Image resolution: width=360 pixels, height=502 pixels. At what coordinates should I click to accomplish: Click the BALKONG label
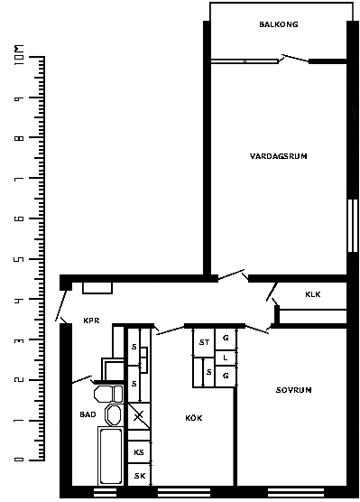point(279,24)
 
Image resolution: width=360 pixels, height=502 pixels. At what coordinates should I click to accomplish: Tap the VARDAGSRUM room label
point(279,156)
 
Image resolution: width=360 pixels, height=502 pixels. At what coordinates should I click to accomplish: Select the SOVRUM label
point(294,390)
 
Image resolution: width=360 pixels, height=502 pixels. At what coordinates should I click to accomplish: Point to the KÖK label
point(194,418)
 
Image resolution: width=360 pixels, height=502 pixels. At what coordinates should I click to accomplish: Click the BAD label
point(88,414)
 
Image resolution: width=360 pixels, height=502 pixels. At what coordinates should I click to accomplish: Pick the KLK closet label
point(313,294)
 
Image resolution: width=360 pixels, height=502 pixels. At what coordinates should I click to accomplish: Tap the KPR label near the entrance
point(91,321)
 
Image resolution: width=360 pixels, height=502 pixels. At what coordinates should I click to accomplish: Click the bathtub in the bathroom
point(111,456)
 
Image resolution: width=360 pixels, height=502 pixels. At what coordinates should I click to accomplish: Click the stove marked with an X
point(139,416)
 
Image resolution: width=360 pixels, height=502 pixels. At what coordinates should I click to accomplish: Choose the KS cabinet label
point(139,452)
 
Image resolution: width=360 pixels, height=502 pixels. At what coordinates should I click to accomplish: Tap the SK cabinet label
point(140,476)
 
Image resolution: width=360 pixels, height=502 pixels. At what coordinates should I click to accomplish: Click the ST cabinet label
point(204,342)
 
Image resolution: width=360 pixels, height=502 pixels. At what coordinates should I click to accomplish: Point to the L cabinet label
point(226,358)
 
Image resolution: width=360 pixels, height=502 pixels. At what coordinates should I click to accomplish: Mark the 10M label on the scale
point(19,55)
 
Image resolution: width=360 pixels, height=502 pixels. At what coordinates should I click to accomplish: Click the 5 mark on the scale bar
point(19,259)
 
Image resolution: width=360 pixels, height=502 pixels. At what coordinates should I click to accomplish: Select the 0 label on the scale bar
point(19,460)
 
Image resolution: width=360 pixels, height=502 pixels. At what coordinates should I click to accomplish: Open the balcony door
point(295,59)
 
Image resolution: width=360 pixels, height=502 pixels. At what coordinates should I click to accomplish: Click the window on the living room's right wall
point(352,226)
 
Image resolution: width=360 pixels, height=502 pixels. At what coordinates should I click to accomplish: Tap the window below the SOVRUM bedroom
point(296,493)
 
